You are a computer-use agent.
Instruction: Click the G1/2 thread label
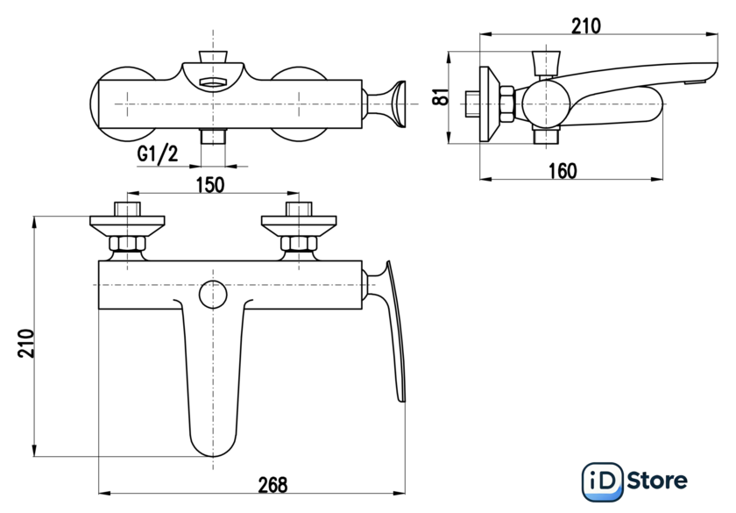pos(158,154)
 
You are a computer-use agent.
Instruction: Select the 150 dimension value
pos(210,185)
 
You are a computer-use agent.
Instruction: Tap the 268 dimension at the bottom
pos(272,485)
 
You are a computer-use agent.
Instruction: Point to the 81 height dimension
pos(442,97)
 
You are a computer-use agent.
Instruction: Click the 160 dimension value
pos(563,170)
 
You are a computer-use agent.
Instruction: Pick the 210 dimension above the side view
pos(586,25)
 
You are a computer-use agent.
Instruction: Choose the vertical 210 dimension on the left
pos(26,344)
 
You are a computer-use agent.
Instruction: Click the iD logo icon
pos(603,481)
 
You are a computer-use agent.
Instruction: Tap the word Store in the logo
pos(657,481)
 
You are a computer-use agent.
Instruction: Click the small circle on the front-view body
pos(213,295)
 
